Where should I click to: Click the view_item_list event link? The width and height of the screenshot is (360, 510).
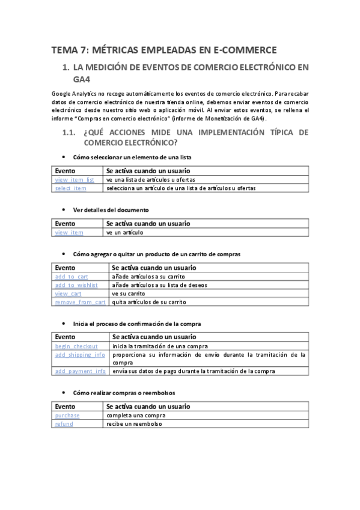click(x=75, y=180)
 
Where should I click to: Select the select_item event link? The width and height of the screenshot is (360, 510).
click(x=71, y=188)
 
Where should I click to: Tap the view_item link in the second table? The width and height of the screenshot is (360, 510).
click(x=69, y=232)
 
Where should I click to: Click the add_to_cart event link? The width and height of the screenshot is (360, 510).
click(x=72, y=276)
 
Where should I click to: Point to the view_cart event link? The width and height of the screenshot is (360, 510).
click(x=68, y=293)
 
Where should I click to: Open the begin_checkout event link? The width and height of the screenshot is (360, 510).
click(x=76, y=346)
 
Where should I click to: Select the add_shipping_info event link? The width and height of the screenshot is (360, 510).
click(x=80, y=355)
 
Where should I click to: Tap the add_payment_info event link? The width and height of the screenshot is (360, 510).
click(x=80, y=371)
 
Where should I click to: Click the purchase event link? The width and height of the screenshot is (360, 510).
click(x=67, y=415)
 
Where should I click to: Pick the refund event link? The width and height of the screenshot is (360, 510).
click(x=64, y=424)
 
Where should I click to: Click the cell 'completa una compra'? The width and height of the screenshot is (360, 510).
click(x=134, y=415)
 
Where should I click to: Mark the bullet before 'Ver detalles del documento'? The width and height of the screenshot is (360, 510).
click(x=64, y=209)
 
